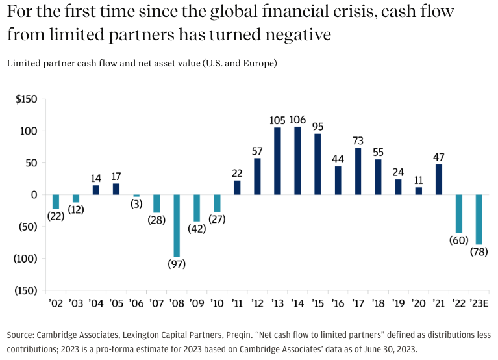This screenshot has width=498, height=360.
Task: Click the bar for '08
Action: tap(177, 225)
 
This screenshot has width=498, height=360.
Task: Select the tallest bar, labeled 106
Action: tap(297, 161)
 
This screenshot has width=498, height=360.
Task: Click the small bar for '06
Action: tap(136, 196)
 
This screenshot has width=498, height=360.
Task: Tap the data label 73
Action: tap(358, 140)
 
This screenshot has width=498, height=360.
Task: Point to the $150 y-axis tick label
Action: tap(27, 99)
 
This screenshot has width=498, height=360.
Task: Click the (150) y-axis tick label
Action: tap(27, 290)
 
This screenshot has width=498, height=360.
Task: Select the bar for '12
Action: tap(257, 176)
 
